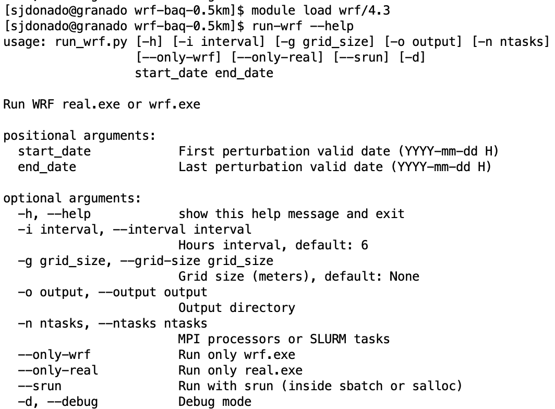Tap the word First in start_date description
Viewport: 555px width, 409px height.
(197, 151)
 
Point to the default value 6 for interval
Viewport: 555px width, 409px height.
(365, 245)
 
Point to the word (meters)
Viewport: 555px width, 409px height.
(284, 276)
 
